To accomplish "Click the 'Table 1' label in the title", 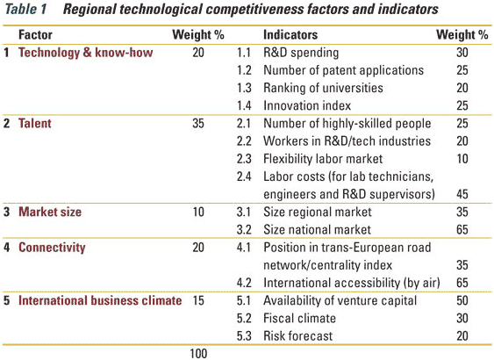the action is click(x=26, y=9).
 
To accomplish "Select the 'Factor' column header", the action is click(x=35, y=34).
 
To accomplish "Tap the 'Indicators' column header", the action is click(x=290, y=34).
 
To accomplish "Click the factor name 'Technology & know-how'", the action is click(x=86, y=53).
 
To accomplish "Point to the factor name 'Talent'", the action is click(x=34, y=123).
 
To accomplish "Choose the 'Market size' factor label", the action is click(x=50, y=212).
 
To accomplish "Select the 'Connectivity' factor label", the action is click(x=52, y=248).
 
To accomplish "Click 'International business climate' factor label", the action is click(x=100, y=300).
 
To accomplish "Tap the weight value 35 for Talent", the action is click(x=198, y=123).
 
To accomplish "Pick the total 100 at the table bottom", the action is click(x=198, y=353).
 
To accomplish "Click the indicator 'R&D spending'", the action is click(x=301, y=53).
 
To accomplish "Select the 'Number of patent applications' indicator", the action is click(x=343, y=70).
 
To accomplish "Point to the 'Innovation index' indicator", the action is click(x=307, y=105).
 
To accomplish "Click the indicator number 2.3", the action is click(x=244, y=159).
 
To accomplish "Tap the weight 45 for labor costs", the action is click(x=462, y=194).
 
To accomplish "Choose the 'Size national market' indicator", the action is click(x=317, y=229).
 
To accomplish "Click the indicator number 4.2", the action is click(x=244, y=283).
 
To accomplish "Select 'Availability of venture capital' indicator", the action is click(x=340, y=300).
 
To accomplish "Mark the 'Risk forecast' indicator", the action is click(x=297, y=336).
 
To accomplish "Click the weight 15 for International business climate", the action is click(x=198, y=300).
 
